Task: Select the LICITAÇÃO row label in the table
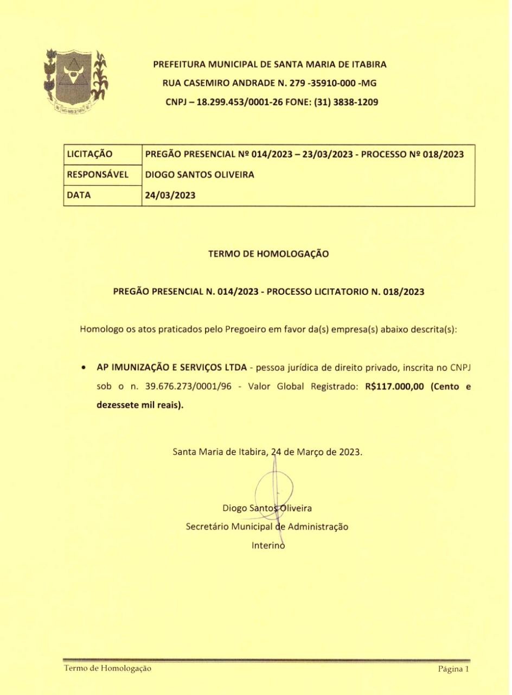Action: coord(89,154)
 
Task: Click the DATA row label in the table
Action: coord(78,196)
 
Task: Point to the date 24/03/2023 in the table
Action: coord(169,196)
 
